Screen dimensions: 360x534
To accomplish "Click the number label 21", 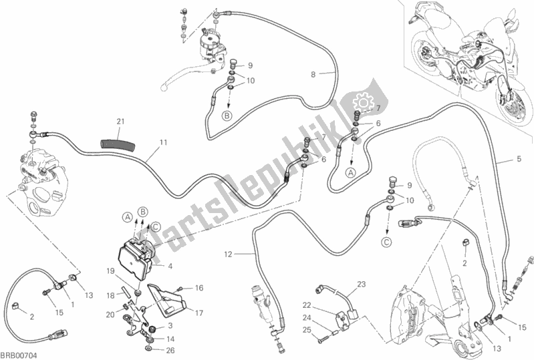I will pos(120,121).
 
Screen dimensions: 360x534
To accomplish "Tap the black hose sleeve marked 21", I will pos(114,141).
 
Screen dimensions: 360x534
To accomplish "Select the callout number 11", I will pos(163,143).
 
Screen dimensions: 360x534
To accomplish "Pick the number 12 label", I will pos(227,254).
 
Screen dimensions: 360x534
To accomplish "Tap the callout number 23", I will pos(362,285).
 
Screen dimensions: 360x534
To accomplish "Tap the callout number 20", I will pos(108,315).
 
